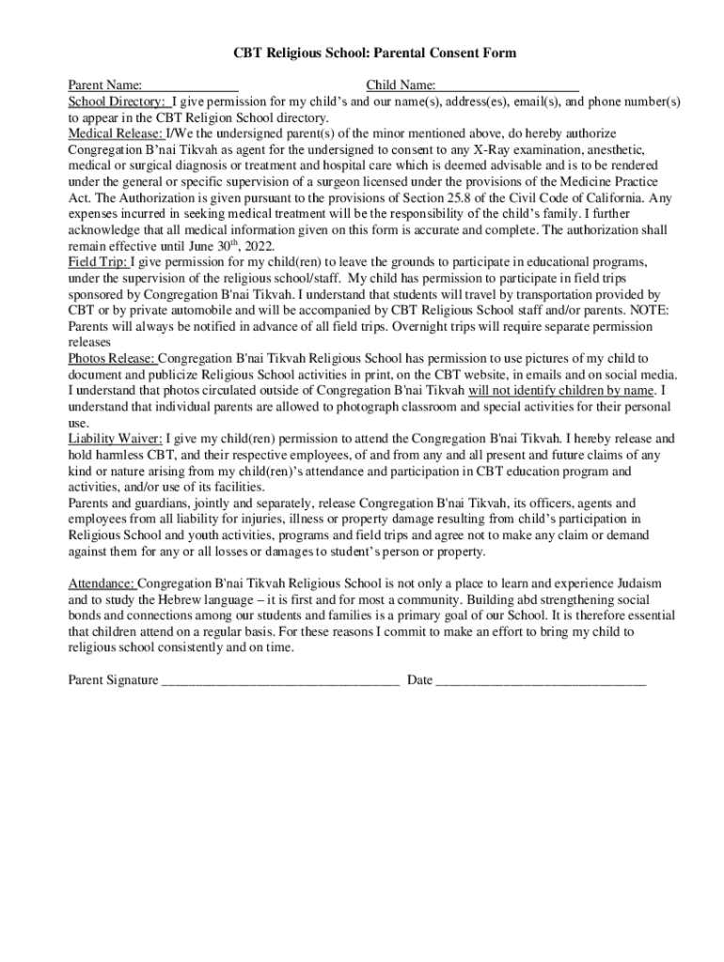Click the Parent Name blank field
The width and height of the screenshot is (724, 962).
pos(190,86)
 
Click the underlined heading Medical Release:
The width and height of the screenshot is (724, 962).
pos(116,134)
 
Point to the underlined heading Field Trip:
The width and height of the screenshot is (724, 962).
pos(97,262)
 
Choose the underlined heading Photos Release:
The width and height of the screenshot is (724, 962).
pos(112,359)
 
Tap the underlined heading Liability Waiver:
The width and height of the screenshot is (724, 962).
pos(116,439)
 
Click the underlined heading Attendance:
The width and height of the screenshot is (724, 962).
pos(102,583)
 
